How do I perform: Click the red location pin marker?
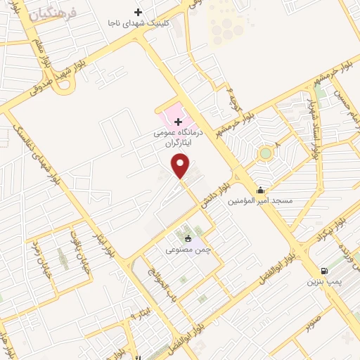pyautogui.click(x=181, y=165)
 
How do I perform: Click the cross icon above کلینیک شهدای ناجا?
pyautogui.click(x=138, y=12)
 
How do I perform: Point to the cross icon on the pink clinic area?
pyautogui.click(x=177, y=121)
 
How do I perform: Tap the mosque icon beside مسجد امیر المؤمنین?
pyautogui.click(x=260, y=190)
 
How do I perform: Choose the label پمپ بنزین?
pyautogui.click(x=323, y=282)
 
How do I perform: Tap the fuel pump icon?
pyautogui.click(x=323, y=271)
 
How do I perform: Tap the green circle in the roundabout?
pyautogui.click(x=265, y=153)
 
